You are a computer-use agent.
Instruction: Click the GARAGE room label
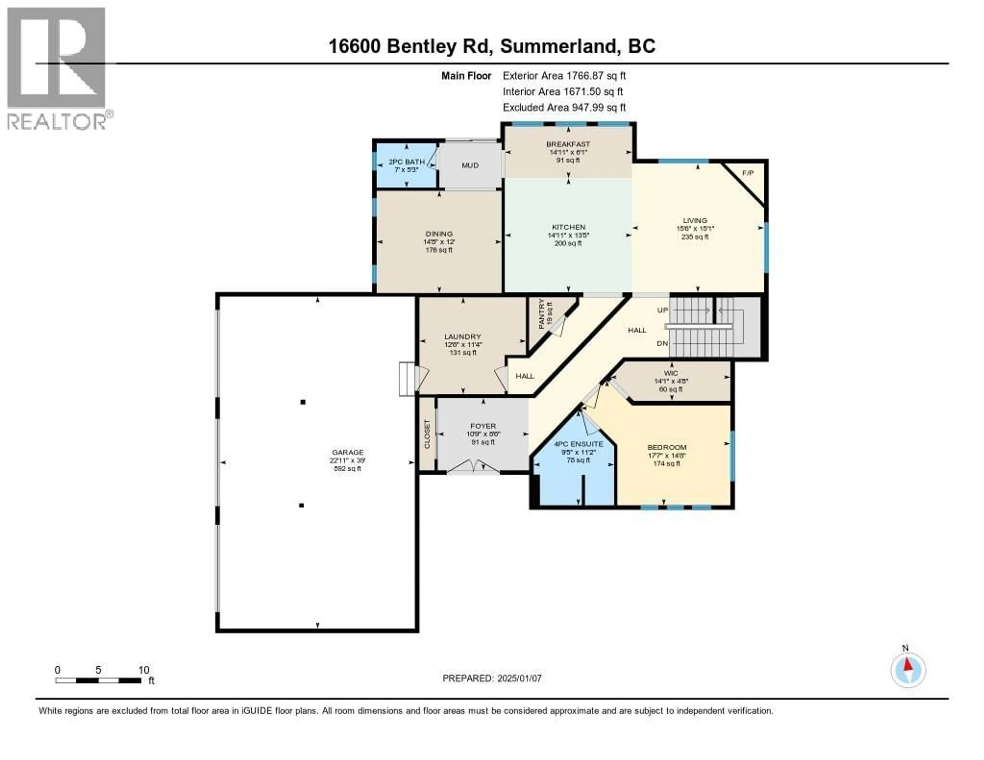click(347, 452)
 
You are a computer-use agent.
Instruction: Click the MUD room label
click(470, 165)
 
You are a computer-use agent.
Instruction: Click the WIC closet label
click(671, 373)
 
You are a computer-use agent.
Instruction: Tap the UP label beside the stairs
click(662, 310)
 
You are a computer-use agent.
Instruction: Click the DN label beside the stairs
click(662, 343)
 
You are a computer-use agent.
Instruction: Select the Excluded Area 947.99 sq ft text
click(564, 107)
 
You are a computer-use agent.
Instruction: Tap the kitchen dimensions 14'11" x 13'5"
click(568, 235)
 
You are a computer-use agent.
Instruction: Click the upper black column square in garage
click(303, 402)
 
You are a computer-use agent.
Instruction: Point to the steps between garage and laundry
click(407, 378)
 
